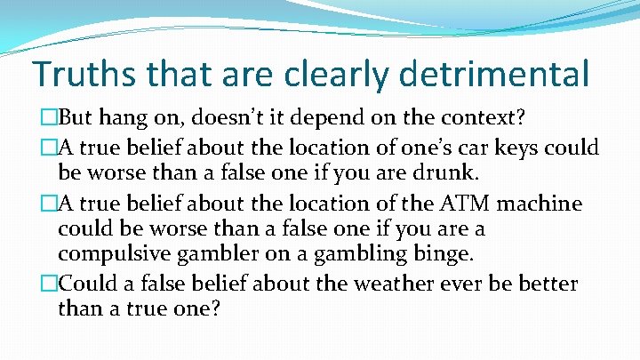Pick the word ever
coord(457,284)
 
